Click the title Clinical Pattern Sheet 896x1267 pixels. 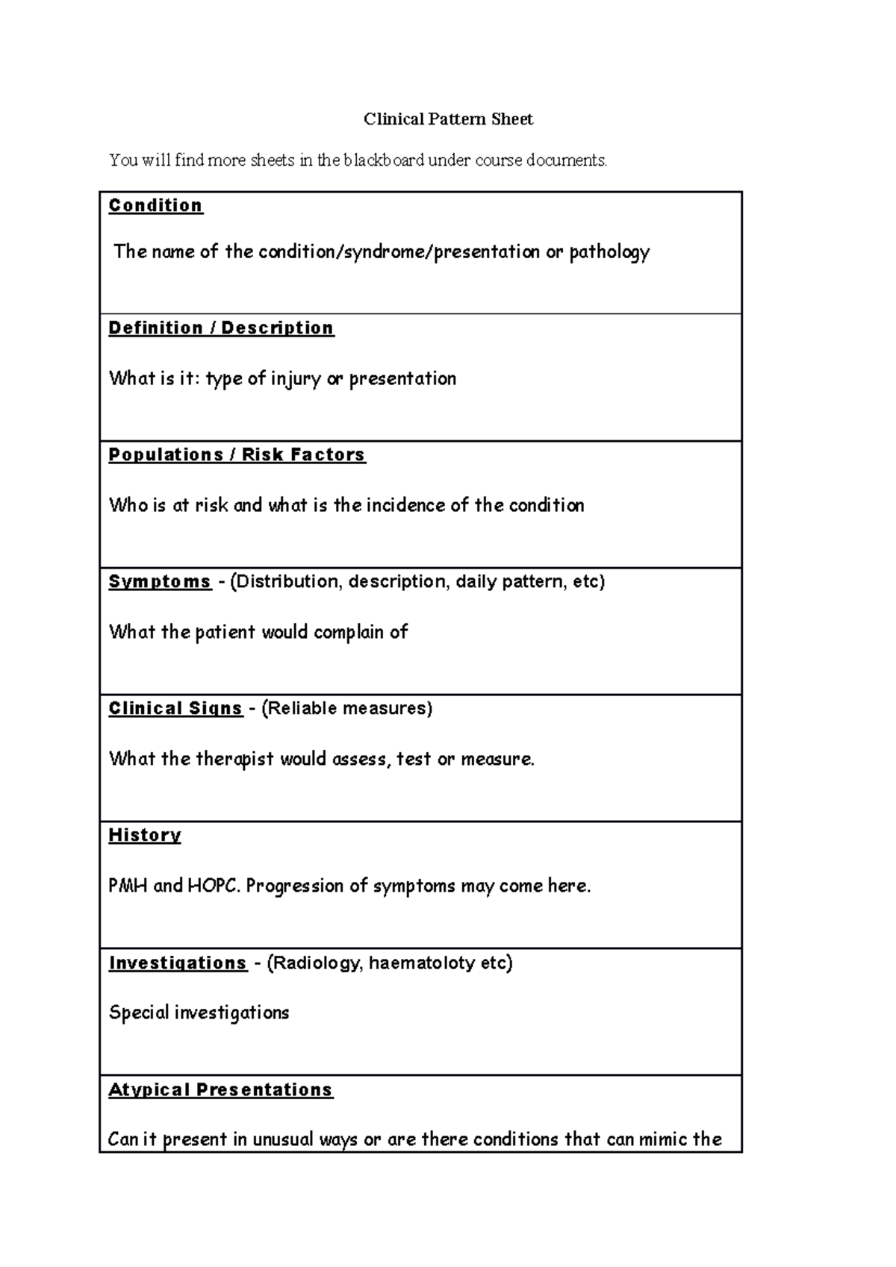point(448,119)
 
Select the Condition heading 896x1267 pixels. point(155,206)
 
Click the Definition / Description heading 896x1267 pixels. point(221,328)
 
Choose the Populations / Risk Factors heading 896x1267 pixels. point(237,455)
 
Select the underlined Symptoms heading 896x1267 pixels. point(160,582)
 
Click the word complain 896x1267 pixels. point(348,632)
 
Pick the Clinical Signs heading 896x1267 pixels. point(175,709)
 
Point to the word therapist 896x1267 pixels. point(234,759)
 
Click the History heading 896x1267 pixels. point(145,836)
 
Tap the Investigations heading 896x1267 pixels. point(178,963)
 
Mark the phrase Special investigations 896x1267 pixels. point(199,1013)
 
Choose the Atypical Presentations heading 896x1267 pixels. point(220,1090)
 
